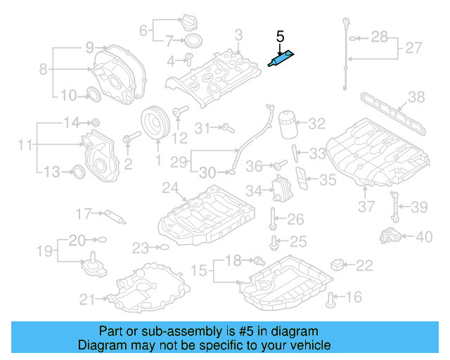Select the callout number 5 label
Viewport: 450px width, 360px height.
pos(280,36)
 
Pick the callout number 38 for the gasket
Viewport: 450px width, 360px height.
pos(416,96)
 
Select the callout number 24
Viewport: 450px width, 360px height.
pos(169,188)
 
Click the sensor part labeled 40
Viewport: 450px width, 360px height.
pos(389,236)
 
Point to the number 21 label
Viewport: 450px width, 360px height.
pos(87,300)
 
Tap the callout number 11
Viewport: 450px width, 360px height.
pos(25,146)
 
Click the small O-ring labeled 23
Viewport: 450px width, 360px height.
pos(163,247)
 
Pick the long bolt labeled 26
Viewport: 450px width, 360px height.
pos(272,219)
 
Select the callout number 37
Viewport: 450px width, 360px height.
pos(366,206)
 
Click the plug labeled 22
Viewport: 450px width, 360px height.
pos(338,266)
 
